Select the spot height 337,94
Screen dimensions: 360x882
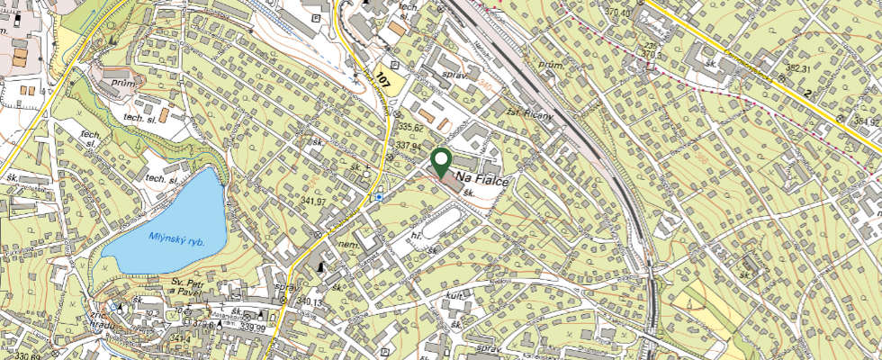[409, 145]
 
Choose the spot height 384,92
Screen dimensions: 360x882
[868, 122]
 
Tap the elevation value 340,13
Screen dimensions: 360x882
[310, 301]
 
